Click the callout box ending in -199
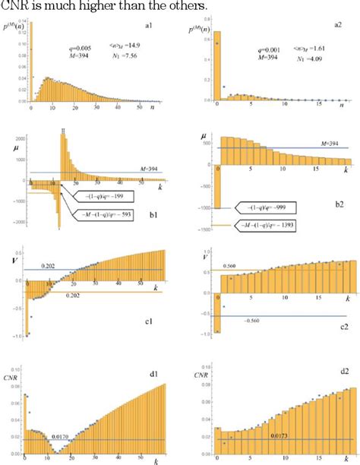click(106, 195)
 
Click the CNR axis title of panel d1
click(15, 363)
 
